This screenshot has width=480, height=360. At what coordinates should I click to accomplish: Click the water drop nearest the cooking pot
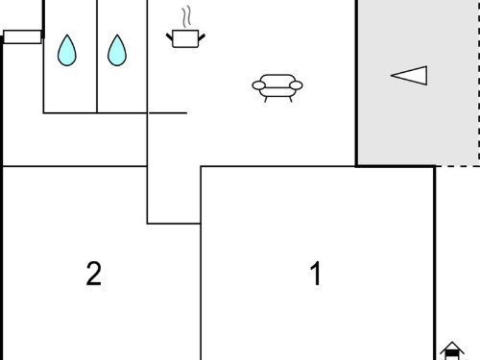[x=117, y=51]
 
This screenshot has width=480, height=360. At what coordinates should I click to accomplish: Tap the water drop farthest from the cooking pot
[x=67, y=51]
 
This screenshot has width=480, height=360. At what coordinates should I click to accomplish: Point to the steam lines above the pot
[x=186, y=16]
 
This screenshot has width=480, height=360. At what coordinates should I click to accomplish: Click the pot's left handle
[x=169, y=36]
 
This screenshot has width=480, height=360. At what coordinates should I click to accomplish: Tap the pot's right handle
[x=202, y=37]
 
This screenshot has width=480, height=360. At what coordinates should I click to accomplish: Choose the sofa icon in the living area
[x=277, y=88]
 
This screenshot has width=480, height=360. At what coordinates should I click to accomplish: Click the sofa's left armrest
[x=259, y=85]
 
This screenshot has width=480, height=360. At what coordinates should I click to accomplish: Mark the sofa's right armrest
[x=296, y=85]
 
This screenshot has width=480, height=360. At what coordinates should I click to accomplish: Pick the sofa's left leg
[x=266, y=99]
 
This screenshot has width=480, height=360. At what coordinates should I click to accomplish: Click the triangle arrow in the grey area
[x=409, y=76]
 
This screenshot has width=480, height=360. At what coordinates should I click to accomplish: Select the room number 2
[x=94, y=274]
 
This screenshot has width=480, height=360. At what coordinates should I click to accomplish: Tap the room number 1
[x=316, y=274]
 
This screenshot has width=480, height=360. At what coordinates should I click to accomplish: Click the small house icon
[x=452, y=350]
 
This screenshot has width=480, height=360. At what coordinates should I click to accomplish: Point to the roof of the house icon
[x=452, y=347]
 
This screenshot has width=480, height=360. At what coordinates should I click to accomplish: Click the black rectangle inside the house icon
[x=452, y=353]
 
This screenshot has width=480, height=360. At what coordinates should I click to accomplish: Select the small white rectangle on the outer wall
[x=22, y=36]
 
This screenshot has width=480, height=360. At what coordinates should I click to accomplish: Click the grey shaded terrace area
[x=418, y=83]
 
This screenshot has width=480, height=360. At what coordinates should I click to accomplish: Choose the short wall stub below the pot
[x=168, y=113]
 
